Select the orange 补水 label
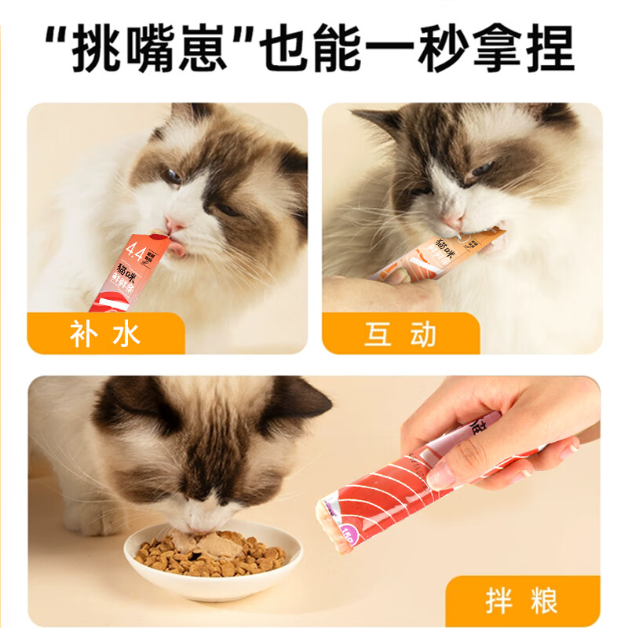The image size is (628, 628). coord(106,334)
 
